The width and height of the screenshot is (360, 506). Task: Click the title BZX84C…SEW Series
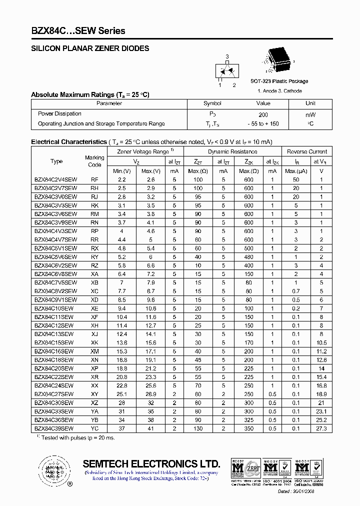click(78, 31)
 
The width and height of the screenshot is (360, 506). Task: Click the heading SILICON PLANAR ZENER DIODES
click(90, 48)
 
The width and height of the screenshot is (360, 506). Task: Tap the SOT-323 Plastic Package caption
click(279, 81)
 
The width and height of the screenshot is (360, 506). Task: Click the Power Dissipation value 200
click(263, 114)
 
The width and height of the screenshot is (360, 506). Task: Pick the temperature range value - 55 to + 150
click(263, 123)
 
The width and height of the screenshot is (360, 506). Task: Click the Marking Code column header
click(94, 161)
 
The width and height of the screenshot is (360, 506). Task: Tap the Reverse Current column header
click(307, 151)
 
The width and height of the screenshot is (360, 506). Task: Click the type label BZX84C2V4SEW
click(55, 179)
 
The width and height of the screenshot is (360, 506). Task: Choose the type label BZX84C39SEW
click(53, 428)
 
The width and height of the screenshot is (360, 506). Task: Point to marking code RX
click(94, 248)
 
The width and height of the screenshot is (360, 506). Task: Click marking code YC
click(94, 428)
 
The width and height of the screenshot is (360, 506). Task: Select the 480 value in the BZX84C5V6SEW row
click(248, 257)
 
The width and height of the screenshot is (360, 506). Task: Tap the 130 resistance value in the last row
click(198, 428)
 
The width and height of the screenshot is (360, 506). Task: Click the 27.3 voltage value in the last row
click(321, 428)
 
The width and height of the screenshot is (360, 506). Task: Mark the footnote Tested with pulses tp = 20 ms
click(74, 437)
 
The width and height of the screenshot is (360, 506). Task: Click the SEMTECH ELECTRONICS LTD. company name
click(151, 463)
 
